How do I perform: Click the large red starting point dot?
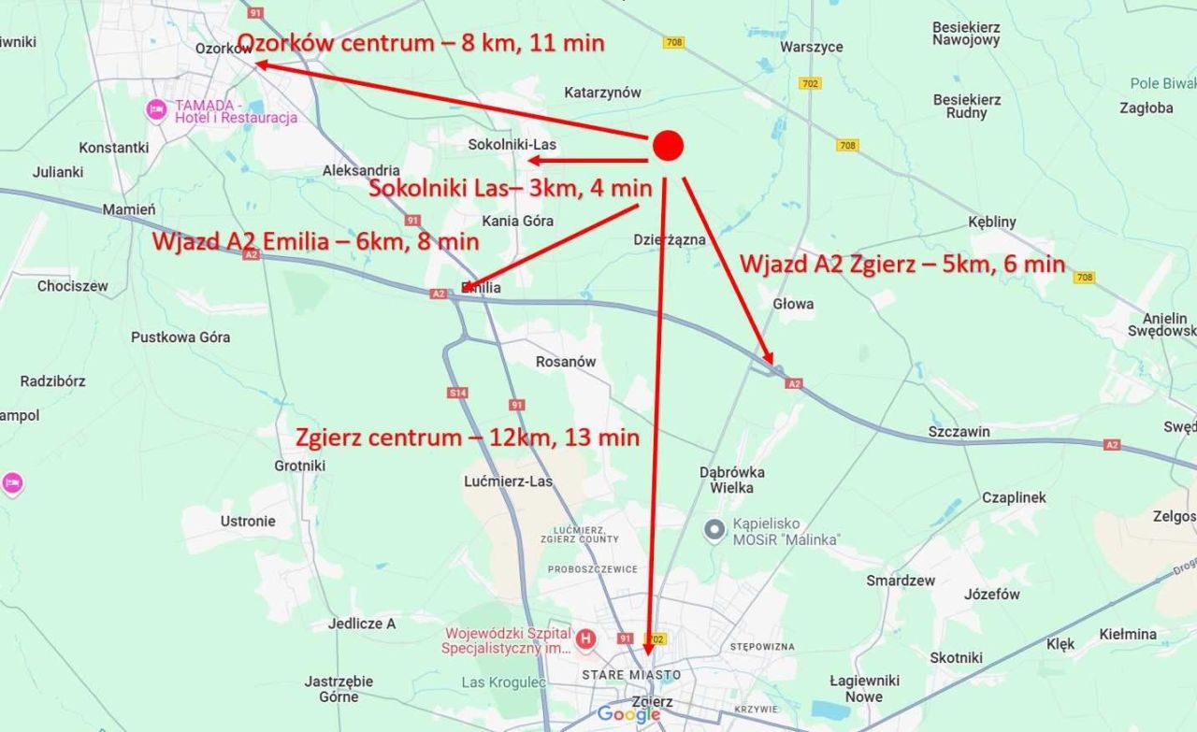tap(668, 145)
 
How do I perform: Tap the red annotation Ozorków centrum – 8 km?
tap(421, 42)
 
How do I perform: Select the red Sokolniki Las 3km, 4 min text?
tap(510, 188)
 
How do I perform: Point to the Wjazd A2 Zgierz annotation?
tap(902, 264)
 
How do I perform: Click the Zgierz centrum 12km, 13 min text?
tap(468, 438)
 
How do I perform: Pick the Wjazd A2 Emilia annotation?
tap(315, 241)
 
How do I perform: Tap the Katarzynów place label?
tap(602, 93)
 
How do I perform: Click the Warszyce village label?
tap(811, 47)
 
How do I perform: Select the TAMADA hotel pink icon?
tap(156, 110)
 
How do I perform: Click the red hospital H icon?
tap(585, 639)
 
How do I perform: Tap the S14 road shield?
tap(457, 393)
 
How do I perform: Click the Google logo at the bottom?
tap(629, 715)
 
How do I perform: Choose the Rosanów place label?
tap(566, 362)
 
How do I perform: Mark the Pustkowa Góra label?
tap(180, 337)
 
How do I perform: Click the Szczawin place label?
tap(959, 432)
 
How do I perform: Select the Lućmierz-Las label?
tap(509, 481)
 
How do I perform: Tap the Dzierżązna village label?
tap(670, 239)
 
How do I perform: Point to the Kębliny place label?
tap(992, 222)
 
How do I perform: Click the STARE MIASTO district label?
tap(630, 675)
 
